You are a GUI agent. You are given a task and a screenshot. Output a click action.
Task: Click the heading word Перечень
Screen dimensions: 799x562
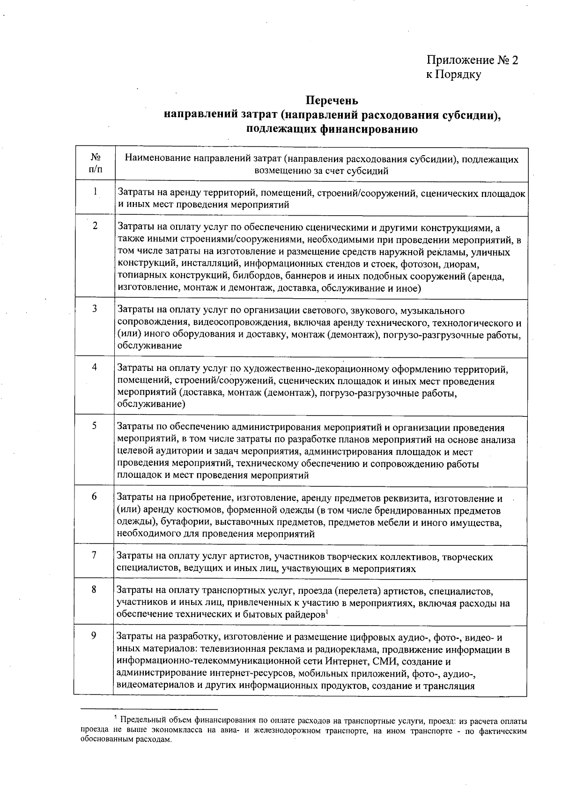point(332,100)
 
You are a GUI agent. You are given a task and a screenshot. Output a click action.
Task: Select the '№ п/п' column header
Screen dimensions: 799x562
point(95,164)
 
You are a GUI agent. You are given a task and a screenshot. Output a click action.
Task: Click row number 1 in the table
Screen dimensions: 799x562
point(95,191)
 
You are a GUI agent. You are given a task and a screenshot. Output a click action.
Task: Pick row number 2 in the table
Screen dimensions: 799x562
point(95,226)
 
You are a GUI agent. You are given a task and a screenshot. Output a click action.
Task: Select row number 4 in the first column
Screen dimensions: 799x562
point(95,367)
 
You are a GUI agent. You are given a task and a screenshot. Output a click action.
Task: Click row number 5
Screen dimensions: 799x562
point(95,426)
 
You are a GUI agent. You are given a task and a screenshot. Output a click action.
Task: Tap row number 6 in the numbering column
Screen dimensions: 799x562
point(94,496)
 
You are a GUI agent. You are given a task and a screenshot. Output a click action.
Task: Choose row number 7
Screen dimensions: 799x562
point(94,555)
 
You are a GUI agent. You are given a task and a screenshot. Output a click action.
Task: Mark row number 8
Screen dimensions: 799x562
point(94,589)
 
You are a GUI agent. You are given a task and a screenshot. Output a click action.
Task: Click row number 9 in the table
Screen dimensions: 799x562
point(94,636)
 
